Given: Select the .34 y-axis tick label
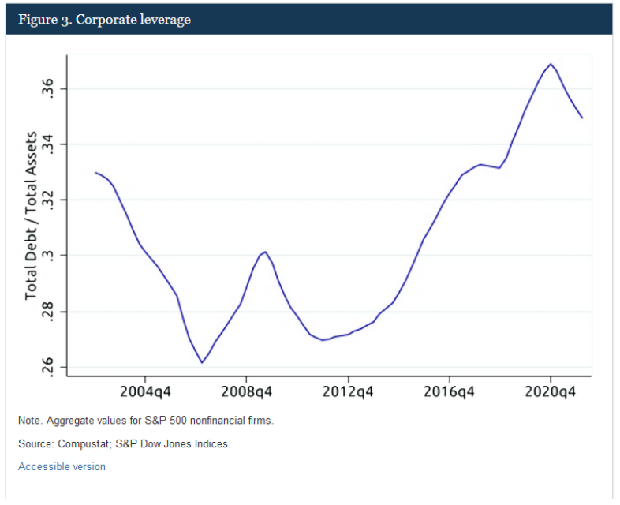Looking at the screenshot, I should click(50, 144).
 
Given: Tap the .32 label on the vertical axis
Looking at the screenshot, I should click(50, 200).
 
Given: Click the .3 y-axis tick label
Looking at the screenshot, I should click(50, 256).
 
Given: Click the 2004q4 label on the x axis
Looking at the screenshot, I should click(144, 392).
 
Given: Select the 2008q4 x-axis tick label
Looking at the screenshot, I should click(246, 392).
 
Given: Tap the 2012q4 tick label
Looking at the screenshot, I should click(347, 392).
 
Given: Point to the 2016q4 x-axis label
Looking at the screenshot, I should click(449, 392).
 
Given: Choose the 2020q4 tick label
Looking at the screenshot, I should click(550, 392).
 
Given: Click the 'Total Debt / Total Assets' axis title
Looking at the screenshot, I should click(31, 215).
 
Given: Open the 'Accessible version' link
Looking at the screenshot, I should click(62, 466).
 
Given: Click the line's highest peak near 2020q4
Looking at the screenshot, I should click(551, 64).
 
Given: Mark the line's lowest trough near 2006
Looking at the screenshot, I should click(203, 362).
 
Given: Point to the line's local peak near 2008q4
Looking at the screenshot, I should click(266, 252).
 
